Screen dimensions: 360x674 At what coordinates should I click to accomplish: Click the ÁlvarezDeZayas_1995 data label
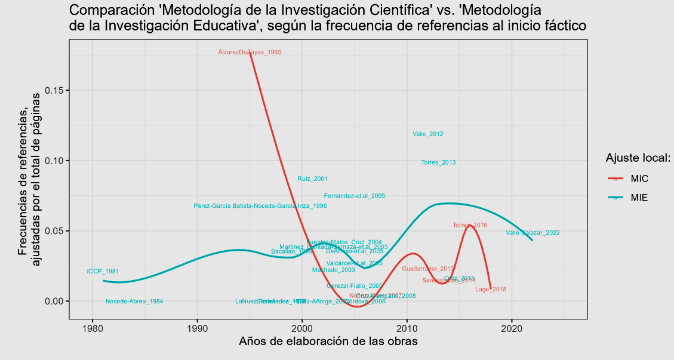250,53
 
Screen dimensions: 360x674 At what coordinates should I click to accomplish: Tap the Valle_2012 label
427,134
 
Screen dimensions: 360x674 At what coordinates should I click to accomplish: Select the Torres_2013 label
438,162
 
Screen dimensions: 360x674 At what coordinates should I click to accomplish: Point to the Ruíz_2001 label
312,179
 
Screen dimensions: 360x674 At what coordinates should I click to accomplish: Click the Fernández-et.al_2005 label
354,196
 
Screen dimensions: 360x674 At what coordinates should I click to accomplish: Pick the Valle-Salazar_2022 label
533,233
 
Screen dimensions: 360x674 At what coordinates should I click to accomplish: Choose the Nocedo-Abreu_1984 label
134,301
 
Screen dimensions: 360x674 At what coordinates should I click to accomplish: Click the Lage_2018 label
491,290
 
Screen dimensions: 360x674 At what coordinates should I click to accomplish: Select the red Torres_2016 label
470,225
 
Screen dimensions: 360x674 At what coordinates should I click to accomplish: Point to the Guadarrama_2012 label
428,269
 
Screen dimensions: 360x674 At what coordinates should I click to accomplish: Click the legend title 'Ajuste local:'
638,158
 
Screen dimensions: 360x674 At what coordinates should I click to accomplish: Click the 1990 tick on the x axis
197,328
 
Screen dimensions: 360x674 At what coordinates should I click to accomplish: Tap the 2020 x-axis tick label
512,328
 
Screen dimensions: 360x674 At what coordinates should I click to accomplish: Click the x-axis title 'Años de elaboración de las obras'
328,342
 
